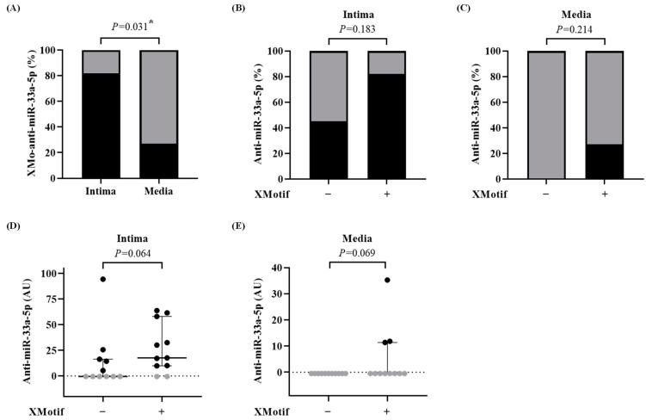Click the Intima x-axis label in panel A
pos(101,191)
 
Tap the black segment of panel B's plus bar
pos(387,125)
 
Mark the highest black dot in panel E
pos(387,280)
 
